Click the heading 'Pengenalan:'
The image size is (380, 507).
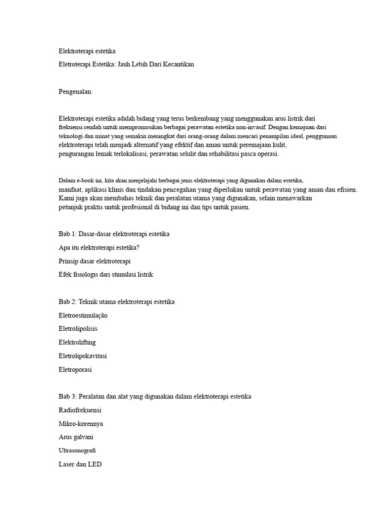[x=76, y=92]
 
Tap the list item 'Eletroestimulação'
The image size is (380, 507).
[x=83, y=315]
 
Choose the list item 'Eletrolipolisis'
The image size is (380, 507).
[x=78, y=328]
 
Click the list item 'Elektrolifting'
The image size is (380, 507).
[x=77, y=342]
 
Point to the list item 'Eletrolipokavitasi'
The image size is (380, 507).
[x=83, y=355]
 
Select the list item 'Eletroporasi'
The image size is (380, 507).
[x=75, y=369]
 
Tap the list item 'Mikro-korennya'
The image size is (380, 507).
[x=81, y=424]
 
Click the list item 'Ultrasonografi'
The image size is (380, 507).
[x=78, y=452]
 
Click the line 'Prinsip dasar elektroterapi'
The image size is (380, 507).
[x=95, y=260]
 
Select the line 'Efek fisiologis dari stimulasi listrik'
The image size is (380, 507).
[x=106, y=274]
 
